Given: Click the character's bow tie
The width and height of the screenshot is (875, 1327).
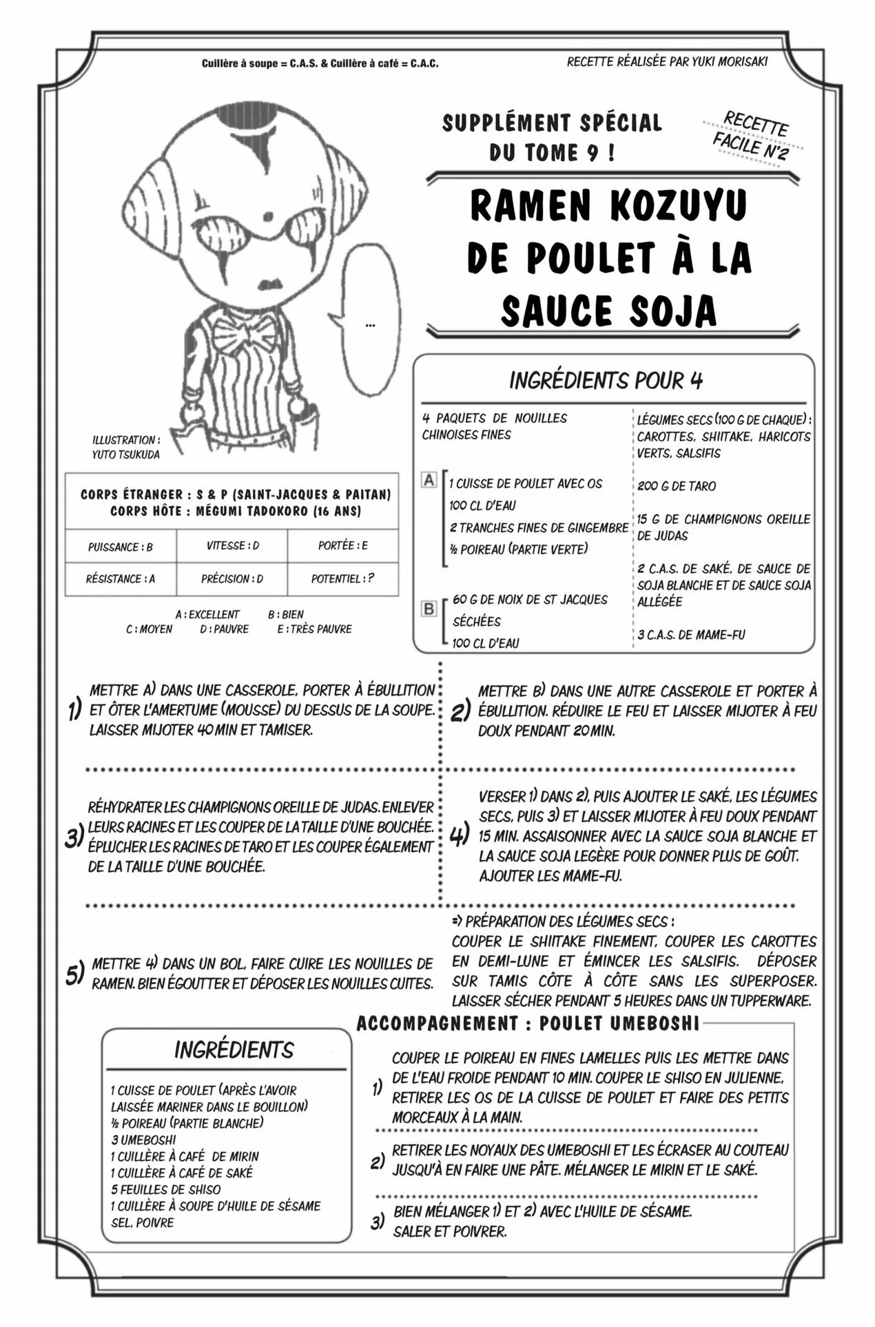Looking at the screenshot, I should (245, 337).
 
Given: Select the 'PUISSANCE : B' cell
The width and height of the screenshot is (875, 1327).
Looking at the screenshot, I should (121, 547).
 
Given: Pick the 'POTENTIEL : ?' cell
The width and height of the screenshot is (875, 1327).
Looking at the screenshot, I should (342, 579).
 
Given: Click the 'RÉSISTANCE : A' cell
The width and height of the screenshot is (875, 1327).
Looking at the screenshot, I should (121, 579).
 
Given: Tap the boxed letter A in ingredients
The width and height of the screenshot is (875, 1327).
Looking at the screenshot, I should (429, 480).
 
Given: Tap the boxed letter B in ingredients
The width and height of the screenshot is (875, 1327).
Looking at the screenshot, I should (429, 609).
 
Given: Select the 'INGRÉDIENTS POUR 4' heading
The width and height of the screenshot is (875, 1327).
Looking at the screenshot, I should (606, 380).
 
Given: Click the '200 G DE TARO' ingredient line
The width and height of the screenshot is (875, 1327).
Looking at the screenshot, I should (676, 486).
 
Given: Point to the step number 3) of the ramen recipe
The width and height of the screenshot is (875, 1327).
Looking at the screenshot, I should (74, 837).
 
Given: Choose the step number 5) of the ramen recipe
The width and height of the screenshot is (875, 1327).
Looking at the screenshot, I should (74, 974).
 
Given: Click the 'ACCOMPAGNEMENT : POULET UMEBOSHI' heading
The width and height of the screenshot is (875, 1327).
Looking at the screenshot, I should (528, 1023).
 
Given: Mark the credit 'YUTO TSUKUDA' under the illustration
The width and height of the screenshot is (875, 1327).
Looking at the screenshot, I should (125, 454).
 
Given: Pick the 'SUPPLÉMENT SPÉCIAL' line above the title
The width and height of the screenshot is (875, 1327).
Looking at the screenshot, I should (552, 123).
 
